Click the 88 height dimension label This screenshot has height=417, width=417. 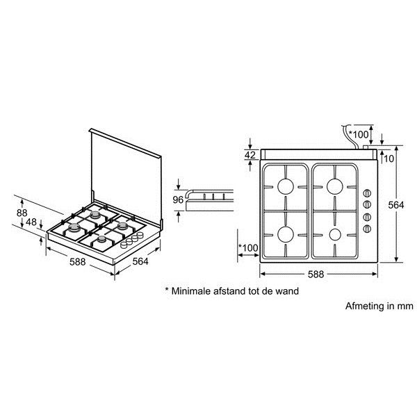pyautogui.click(x=22, y=213)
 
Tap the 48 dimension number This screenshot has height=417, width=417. pyautogui.click(x=31, y=222)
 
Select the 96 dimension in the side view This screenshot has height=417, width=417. pyautogui.click(x=178, y=199)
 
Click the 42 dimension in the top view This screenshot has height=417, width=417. pyautogui.click(x=250, y=155)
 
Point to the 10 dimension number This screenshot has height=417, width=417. pyautogui.click(x=389, y=158)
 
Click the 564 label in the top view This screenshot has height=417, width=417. pyautogui.click(x=396, y=205)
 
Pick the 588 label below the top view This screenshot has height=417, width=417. pyautogui.click(x=316, y=275)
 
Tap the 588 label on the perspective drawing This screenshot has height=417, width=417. pyautogui.click(x=78, y=262)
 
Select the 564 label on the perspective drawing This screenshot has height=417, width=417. pyautogui.click(x=140, y=261)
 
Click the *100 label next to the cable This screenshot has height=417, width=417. pyautogui.click(x=359, y=135)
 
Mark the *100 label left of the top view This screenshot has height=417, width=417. pyautogui.click(x=248, y=248)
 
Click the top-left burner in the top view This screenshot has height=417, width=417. pyautogui.click(x=286, y=186)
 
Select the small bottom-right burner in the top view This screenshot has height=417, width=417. pyautogui.click(x=335, y=235)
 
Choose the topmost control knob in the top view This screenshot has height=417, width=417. pyautogui.click(x=367, y=193)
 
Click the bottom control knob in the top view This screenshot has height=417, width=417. pyautogui.click(x=367, y=229)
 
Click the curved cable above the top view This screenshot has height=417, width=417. pyautogui.click(x=350, y=136)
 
